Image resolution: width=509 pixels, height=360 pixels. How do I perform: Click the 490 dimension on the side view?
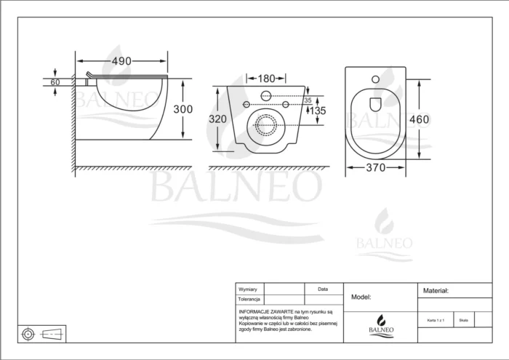click(x=121, y=60)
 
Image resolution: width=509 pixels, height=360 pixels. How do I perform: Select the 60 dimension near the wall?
click(x=55, y=82)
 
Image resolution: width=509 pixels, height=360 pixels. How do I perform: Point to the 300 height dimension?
click(x=184, y=109)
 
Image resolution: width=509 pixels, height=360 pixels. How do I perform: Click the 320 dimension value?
click(x=217, y=119)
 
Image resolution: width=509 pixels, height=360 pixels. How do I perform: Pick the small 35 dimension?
click(x=307, y=100)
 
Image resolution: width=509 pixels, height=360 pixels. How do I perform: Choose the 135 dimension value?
click(x=317, y=111)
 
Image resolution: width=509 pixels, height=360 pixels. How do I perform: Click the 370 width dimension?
click(x=376, y=167)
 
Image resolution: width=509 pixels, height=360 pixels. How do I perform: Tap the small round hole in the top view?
click(x=375, y=79)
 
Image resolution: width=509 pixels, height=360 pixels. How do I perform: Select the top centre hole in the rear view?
click(x=265, y=96)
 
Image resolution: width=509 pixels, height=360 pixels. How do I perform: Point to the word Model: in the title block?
click(x=361, y=297)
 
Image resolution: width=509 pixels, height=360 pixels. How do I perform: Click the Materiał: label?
click(x=436, y=290)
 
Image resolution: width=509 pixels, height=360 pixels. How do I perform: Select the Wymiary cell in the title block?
click(x=248, y=289)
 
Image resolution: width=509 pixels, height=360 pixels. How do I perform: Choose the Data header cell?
click(x=323, y=289)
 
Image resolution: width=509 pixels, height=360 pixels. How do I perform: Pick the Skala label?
click(x=463, y=319)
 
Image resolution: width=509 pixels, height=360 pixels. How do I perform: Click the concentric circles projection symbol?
click(x=28, y=334)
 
